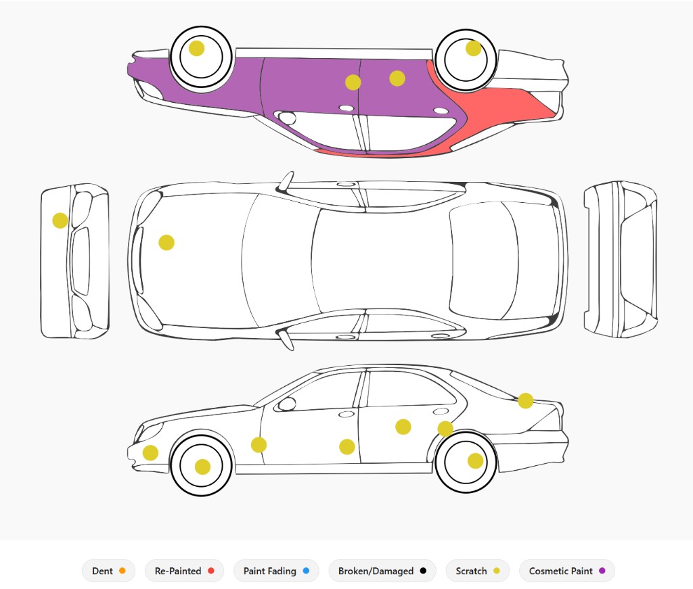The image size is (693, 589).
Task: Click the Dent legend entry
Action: pos(108,571)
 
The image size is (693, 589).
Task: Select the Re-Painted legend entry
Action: pos(184,571)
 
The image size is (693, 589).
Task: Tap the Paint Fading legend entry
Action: pos(276,571)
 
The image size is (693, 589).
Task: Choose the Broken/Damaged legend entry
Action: pos(382,571)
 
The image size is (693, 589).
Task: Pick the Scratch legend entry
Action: pos(477,571)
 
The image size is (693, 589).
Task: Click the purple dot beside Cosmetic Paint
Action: pos(602,571)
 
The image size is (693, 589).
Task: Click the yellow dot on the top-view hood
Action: pos(166,242)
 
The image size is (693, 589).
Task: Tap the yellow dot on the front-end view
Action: pos(60,220)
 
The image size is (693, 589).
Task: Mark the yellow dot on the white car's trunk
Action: pos(525,400)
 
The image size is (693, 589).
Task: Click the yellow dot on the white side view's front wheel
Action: pos(202,467)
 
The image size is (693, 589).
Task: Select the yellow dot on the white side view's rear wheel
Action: pos(476,461)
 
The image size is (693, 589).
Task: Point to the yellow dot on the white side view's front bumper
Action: pos(150,452)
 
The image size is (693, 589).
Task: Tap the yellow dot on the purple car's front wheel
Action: pos(197,48)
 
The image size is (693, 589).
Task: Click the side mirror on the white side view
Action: pos(287,404)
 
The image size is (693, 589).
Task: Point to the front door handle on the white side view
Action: pos(346,414)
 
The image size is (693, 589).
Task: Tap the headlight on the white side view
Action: pos(149,431)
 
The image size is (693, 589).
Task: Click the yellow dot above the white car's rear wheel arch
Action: pos(445,428)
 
